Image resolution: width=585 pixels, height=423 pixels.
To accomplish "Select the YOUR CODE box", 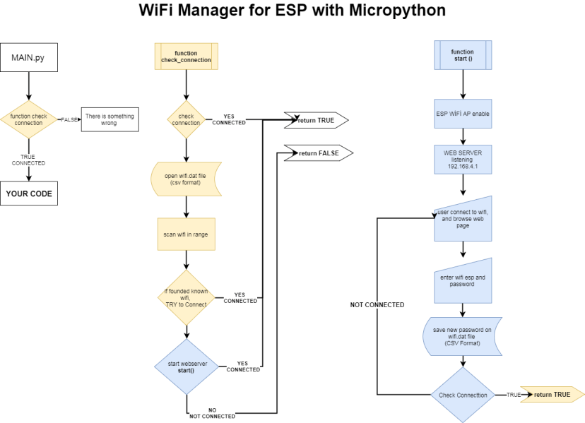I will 29,193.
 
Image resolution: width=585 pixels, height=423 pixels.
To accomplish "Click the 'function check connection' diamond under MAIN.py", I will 29,119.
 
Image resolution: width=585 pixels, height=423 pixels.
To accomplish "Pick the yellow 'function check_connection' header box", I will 187,56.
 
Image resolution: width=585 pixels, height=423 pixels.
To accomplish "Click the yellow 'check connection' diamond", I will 187,119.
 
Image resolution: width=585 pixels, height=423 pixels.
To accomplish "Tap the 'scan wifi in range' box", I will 187,234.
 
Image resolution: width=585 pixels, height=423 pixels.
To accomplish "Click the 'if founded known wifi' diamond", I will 187,297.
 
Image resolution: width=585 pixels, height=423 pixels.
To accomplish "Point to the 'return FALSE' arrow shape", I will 317,153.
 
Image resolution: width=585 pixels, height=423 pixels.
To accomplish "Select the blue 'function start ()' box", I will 463,56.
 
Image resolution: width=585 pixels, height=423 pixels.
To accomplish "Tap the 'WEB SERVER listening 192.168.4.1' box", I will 463,159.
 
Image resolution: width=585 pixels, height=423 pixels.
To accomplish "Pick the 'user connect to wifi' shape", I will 463,219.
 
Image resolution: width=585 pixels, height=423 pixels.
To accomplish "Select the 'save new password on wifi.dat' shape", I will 463,334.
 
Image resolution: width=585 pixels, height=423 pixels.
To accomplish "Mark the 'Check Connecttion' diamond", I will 463,395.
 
